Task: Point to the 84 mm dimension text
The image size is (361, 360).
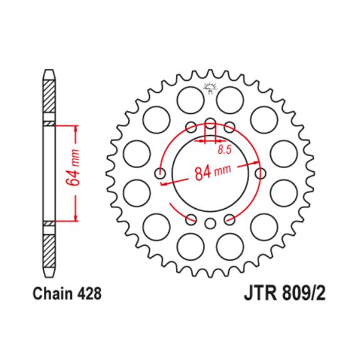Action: pyautogui.click(x=211, y=171)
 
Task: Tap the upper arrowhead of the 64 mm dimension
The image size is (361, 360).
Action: pyautogui.click(x=76, y=127)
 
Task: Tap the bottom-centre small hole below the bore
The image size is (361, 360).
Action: pyautogui.click(x=211, y=223)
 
